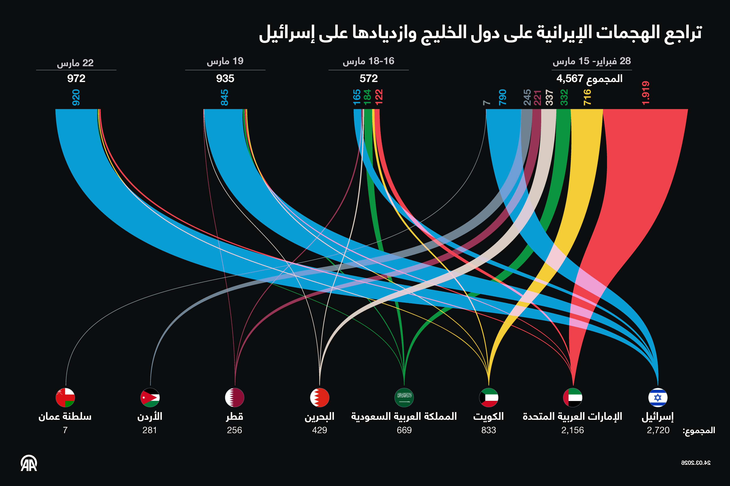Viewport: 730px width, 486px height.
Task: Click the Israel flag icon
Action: coord(658,397)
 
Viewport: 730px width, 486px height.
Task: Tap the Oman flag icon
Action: coord(65,397)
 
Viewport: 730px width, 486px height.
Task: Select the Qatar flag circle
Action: coord(235,397)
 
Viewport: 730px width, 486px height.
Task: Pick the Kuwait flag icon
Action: coord(488,397)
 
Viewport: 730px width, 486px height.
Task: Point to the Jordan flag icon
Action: coord(150,397)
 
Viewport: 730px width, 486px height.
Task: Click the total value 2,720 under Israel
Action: coord(658,430)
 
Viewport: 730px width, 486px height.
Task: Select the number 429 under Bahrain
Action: coord(319,430)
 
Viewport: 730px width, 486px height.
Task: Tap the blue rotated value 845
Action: coord(224,97)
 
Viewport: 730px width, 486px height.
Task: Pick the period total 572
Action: coord(368,78)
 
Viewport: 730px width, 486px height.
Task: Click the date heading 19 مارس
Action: coord(225,61)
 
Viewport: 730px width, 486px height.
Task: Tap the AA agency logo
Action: coord(29,463)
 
